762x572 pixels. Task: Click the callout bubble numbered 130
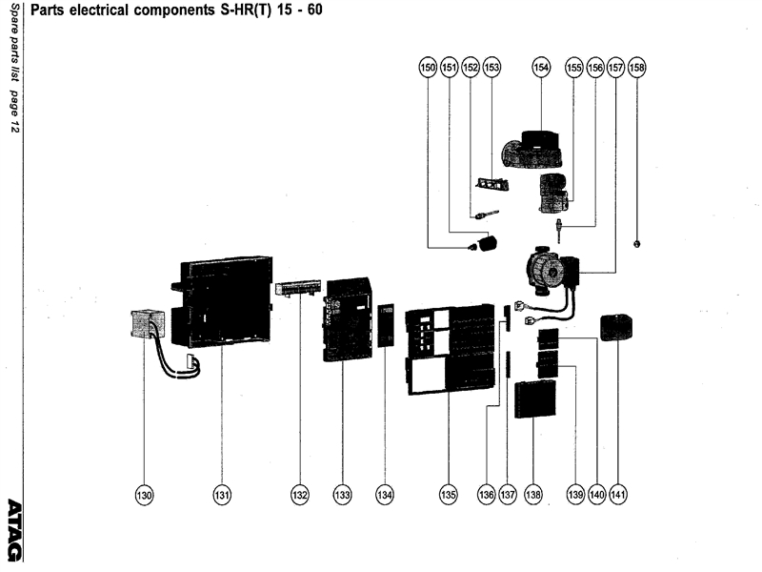tap(144, 495)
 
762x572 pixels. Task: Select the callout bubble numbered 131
tap(222, 495)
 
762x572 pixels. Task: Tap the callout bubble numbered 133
tap(343, 495)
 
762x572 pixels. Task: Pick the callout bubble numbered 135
tap(449, 495)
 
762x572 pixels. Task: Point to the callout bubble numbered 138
tap(533, 495)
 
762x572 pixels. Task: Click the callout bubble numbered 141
tap(619, 495)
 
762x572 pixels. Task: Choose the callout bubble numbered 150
tap(428, 68)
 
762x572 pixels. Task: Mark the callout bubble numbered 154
tap(541, 68)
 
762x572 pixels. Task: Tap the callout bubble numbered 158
tap(636, 68)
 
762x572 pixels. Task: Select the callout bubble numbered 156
tap(595, 68)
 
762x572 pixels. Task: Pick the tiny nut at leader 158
tap(636, 243)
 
